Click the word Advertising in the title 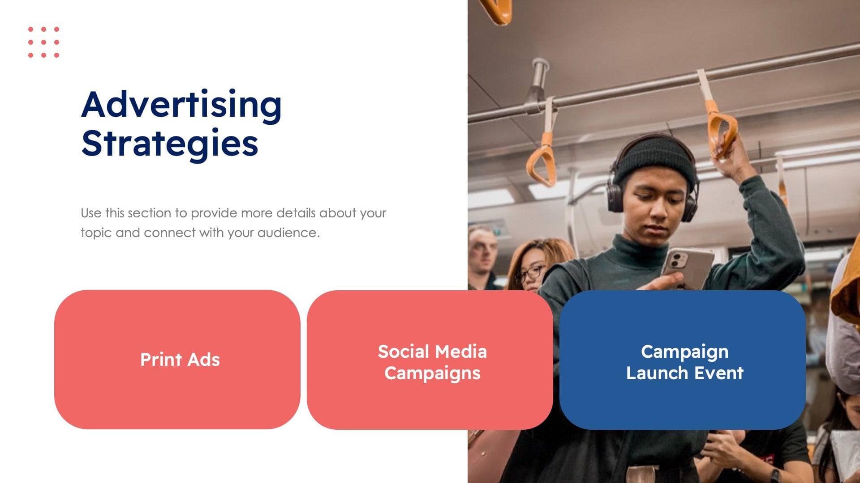click(x=181, y=105)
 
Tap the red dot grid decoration click(x=43, y=42)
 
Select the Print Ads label click(x=180, y=360)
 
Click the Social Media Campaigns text click(x=432, y=362)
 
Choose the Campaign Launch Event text click(x=684, y=362)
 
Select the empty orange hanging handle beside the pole click(x=542, y=161)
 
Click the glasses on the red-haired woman click(x=531, y=272)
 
